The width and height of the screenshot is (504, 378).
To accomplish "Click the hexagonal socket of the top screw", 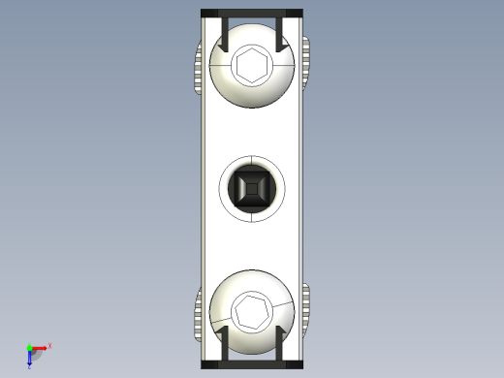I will tap(251, 66).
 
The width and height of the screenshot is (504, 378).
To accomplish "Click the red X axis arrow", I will tap(41, 347).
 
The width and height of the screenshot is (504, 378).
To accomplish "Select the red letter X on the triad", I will tap(49, 345).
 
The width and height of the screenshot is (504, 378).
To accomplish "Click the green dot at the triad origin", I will tap(30, 348).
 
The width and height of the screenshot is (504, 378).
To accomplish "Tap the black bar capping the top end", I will tap(251, 13).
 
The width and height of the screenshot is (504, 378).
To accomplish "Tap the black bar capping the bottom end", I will tap(251, 365).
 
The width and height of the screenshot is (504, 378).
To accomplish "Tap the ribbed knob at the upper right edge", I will tap(305, 66).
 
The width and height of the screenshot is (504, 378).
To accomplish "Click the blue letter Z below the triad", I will tap(30, 366).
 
